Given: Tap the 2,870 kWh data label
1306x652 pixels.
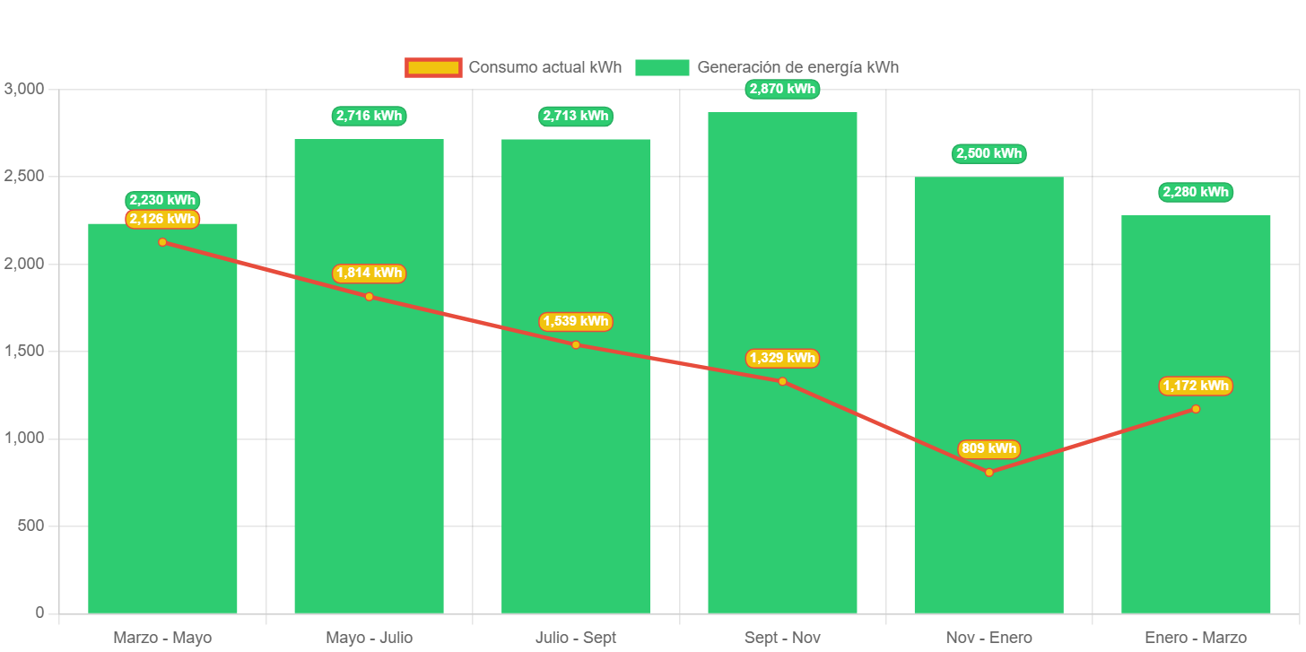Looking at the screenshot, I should [782, 89].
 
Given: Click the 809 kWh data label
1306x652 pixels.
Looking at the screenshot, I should [988, 448].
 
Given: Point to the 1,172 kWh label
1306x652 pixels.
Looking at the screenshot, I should [1196, 386].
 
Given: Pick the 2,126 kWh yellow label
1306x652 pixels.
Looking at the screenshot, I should [162, 219].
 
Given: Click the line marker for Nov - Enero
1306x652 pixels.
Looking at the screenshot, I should [989, 472].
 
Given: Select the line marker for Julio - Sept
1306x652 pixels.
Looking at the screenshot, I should [576, 344].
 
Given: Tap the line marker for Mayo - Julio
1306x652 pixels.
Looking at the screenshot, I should [369, 296].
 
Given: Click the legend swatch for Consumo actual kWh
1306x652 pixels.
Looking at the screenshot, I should [433, 67].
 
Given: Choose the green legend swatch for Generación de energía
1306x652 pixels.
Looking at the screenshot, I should [662, 67].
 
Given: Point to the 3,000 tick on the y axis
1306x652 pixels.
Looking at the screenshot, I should [24, 89].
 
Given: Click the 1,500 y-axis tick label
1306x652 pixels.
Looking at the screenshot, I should [24, 351].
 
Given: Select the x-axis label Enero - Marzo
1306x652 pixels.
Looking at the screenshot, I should [1196, 638].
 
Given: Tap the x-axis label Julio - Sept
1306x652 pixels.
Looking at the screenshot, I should [576, 638].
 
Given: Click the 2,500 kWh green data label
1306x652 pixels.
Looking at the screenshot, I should [988, 153].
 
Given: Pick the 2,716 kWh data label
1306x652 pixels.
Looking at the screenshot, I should [369, 116].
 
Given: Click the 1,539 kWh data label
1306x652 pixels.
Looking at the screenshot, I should [576, 321].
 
